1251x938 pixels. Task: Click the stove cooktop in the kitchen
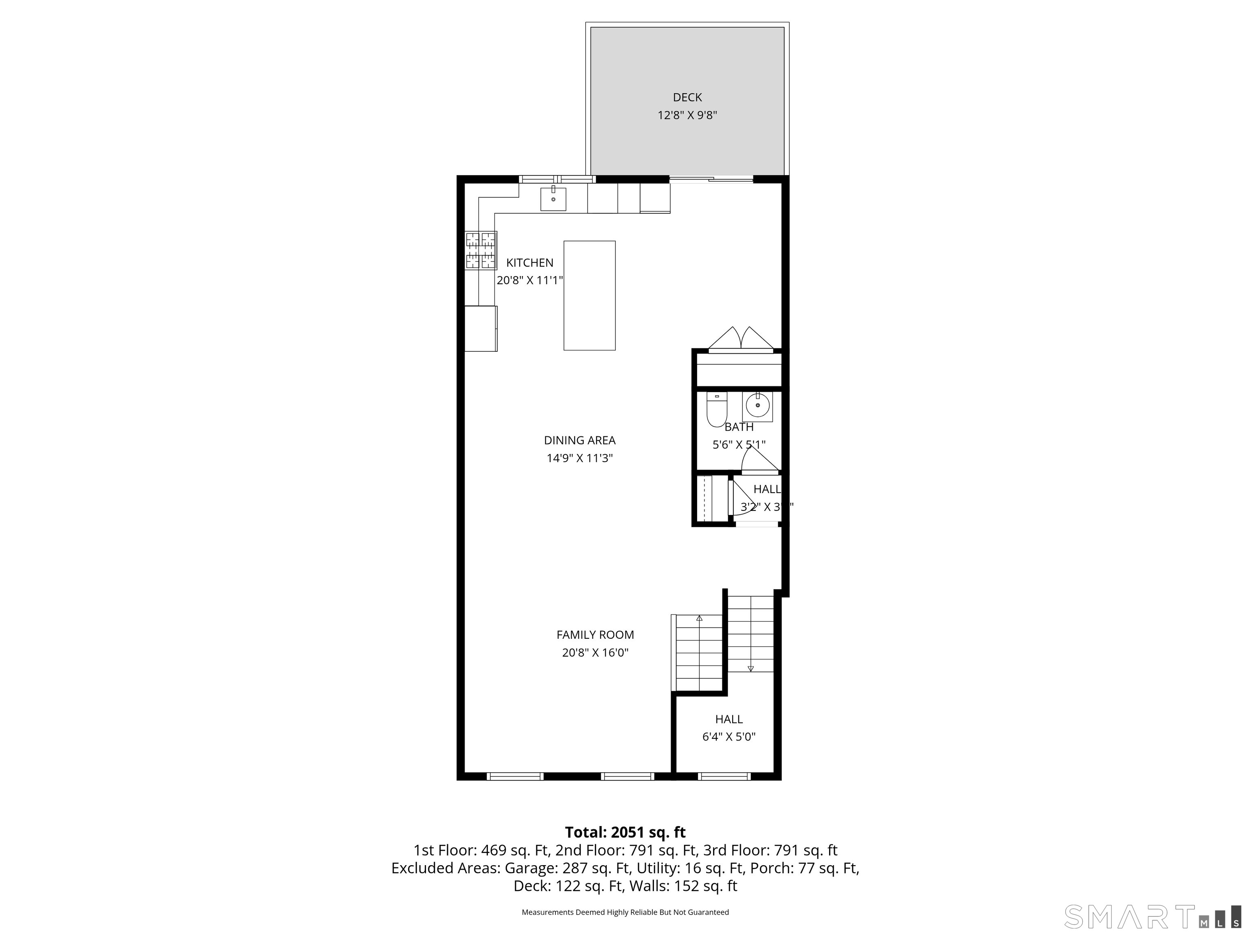coord(481,250)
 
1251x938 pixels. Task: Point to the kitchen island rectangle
coord(589,296)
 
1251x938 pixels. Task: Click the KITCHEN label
coord(530,263)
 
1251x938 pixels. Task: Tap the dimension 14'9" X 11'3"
coord(580,458)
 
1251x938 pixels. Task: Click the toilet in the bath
coord(717,410)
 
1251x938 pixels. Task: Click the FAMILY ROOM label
coord(595,635)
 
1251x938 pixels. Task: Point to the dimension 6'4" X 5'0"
coord(729,737)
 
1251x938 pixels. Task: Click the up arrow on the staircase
coord(700,618)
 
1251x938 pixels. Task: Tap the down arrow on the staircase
coord(751,668)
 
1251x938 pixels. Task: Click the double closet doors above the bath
coord(741,339)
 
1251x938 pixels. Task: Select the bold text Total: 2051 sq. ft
coord(625,832)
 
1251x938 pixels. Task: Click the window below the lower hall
coord(724,776)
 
